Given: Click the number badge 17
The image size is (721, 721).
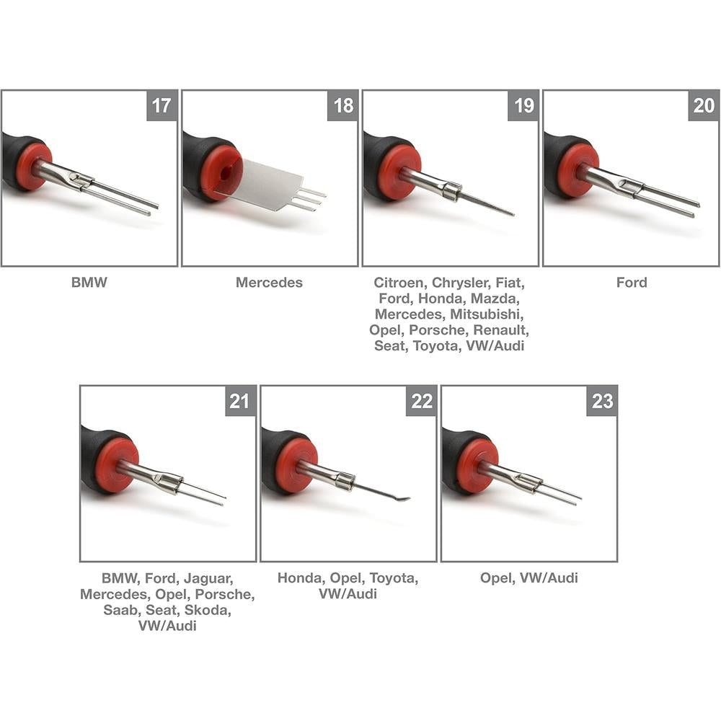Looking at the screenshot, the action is coord(162,106).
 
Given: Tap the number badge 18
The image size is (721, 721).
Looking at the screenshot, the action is coord(342,106).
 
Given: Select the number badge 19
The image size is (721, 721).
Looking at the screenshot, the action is coord(523,106).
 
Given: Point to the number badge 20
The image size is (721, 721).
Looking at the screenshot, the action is coord(704,106).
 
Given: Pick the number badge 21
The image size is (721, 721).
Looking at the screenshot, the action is coord(240,401).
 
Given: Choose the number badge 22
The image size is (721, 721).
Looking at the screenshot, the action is coord(421,401).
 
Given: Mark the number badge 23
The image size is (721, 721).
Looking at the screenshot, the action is coord(601,401).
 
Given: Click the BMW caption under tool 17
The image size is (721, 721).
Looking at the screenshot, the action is coord(89,282).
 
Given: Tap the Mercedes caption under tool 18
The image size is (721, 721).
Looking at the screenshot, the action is coord(269,282).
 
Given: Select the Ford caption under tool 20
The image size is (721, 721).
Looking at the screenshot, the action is coord(632,282).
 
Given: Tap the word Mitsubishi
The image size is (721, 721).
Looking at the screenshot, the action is coord(487,314).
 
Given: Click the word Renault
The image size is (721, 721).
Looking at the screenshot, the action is coord(501,329).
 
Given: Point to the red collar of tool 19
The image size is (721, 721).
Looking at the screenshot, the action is coord(394,173).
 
